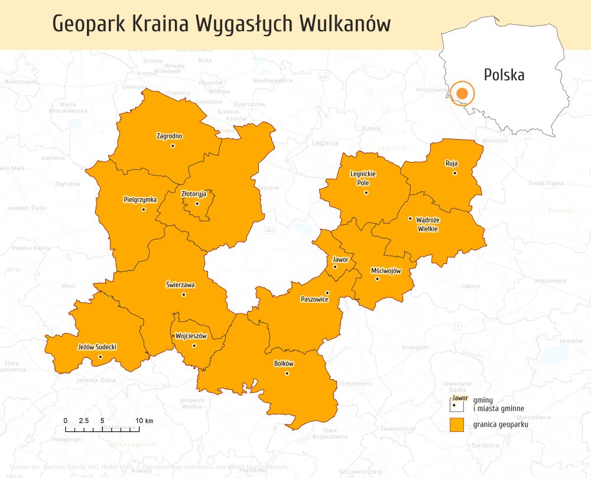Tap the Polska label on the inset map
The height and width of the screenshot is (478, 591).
pyautogui.click(x=504, y=75)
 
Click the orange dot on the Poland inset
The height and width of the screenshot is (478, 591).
pyautogui.click(x=462, y=93)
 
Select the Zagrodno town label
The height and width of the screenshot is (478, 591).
pyautogui.click(x=169, y=135)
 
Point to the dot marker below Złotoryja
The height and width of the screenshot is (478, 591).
pyautogui.click(x=197, y=204)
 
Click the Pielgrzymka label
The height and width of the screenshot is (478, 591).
pyautogui.click(x=140, y=199)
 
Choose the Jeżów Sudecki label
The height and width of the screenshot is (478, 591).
pyautogui.click(x=98, y=347)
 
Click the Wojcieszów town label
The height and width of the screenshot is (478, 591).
pyautogui.click(x=191, y=336)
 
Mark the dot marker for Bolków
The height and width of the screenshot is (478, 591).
pyautogui.click(x=287, y=373)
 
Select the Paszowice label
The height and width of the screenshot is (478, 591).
pyautogui.click(x=314, y=299)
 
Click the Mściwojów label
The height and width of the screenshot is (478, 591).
pyautogui.click(x=386, y=270)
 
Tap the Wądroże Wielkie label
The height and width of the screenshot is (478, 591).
pyautogui.click(x=427, y=224)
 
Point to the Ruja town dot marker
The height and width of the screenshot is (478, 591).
pyautogui.click(x=454, y=173)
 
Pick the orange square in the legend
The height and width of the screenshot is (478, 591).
pyautogui.click(x=455, y=425)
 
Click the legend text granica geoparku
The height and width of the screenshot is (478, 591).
pyautogui.click(x=500, y=425)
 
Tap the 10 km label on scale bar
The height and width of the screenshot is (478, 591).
pyautogui.click(x=144, y=421)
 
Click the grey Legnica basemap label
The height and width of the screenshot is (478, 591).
pyautogui.click(x=325, y=143)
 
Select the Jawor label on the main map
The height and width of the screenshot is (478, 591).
pyautogui.click(x=340, y=260)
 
